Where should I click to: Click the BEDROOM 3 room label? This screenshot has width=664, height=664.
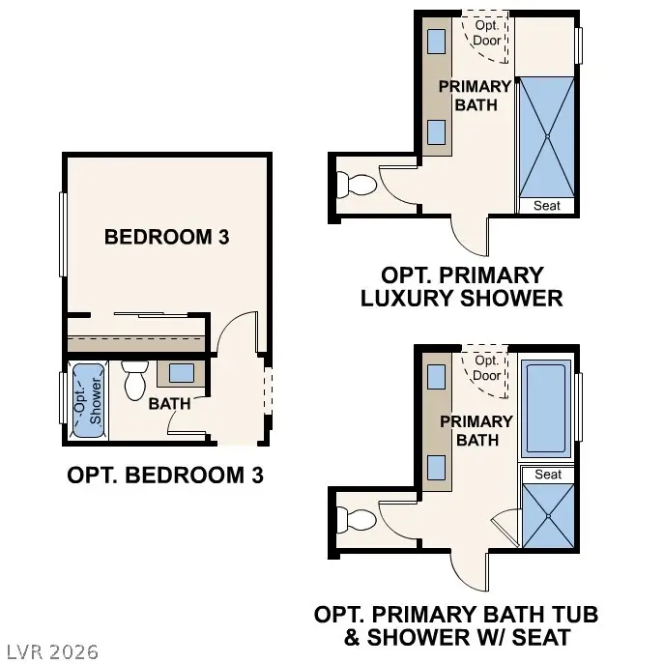click(x=166, y=236)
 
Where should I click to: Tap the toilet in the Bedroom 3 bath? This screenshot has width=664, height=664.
click(x=134, y=381)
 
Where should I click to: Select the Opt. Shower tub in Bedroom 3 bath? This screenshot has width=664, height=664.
click(x=88, y=400)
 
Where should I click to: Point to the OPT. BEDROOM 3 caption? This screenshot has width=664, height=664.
click(x=165, y=476)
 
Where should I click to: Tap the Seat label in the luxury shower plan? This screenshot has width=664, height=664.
click(x=547, y=206)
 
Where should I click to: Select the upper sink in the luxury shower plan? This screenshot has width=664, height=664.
click(x=436, y=41)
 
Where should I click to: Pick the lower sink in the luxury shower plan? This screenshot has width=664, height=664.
click(x=436, y=130)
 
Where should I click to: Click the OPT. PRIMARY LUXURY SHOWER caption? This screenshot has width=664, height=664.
click(x=461, y=287)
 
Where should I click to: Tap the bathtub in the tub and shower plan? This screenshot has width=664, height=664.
click(x=547, y=410)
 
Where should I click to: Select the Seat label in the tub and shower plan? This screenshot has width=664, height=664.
click(x=548, y=475)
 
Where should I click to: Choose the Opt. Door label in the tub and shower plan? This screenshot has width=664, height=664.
click(x=487, y=368)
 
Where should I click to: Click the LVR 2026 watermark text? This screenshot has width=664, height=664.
click(x=50, y=651)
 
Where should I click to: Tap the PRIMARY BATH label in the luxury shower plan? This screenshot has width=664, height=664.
click(x=476, y=96)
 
